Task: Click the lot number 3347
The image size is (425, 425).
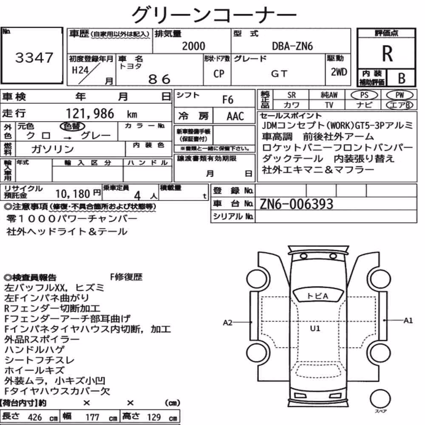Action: (34, 57)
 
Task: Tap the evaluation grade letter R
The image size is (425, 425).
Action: (387, 54)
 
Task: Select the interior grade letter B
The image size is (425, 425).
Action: (402, 78)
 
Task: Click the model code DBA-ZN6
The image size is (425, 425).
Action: (292, 46)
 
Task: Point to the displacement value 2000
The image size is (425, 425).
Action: (193, 46)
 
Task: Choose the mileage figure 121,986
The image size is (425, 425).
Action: (90, 113)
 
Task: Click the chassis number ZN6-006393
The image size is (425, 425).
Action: (296, 204)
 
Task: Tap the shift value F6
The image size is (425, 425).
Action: (228, 100)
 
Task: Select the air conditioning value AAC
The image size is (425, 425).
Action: (235, 116)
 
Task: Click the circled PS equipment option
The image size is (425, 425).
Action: (364, 95)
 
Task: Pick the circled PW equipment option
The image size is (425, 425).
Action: (399, 95)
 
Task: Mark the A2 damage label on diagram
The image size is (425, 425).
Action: (228, 323)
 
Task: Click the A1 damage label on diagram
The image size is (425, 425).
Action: (408, 320)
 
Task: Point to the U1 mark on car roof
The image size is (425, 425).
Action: (315, 329)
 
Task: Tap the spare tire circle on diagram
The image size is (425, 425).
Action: (380, 399)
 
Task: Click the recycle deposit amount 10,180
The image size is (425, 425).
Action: (73, 194)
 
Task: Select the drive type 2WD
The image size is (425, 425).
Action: (339, 72)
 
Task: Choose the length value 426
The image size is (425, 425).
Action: (35, 417)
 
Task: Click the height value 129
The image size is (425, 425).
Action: (154, 417)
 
